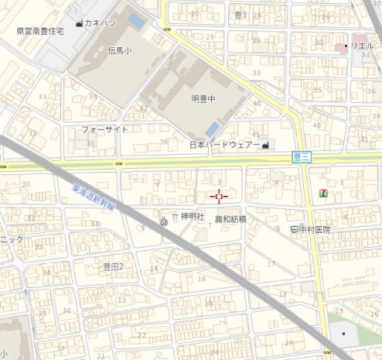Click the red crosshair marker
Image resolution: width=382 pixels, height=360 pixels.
(x=217, y=197)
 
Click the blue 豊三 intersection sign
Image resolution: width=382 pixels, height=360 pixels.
(x=302, y=156)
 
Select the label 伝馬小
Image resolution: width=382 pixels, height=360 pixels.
(x=120, y=50)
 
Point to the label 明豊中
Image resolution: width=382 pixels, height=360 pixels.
(x=203, y=98)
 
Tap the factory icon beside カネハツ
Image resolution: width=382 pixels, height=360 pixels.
(x=80, y=23)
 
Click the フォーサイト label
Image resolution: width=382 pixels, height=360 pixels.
(x=105, y=129)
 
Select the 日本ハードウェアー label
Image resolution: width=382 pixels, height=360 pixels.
(x=225, y=145)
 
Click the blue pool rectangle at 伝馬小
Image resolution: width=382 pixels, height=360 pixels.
(x=135, y=19)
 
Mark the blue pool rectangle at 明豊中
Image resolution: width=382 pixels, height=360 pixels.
(x=212, y=128)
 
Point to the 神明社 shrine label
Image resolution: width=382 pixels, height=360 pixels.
(x=193, y=217)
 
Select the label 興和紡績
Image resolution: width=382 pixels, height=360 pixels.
(x=230, y=219)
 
